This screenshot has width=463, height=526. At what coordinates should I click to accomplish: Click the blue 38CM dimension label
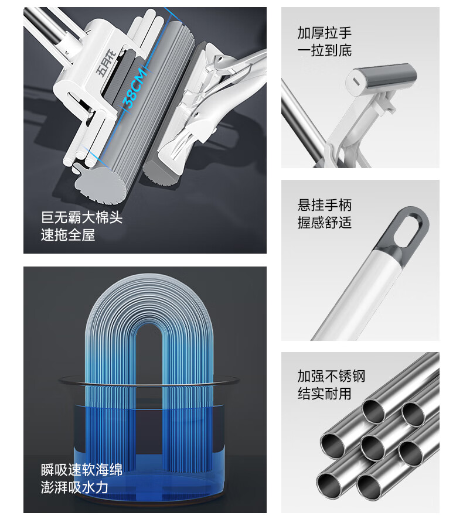[x=135, y=88]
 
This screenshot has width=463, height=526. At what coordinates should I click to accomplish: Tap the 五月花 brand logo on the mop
[x=107, y=63]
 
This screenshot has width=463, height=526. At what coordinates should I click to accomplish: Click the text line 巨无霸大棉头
[x=81, y=217]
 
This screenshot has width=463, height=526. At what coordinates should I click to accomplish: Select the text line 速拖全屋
[x=68, y=235]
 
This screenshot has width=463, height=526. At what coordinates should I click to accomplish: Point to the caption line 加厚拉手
[x=324, y=33]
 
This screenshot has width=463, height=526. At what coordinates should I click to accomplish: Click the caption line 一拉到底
[x=324, y=50]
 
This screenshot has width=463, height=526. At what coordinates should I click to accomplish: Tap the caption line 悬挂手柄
[x=324, y=205]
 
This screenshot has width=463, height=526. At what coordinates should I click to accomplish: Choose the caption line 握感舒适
[x=324, y=223]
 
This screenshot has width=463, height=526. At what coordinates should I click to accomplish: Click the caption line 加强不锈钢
[x=331, y=376]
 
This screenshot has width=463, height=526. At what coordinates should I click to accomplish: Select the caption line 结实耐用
[x=324, y=394]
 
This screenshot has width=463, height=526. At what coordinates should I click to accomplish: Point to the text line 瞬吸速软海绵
[x=81, y=470]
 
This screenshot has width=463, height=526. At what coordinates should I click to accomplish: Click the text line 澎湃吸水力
[x=74, y=487]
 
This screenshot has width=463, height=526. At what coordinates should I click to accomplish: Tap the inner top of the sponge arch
[x=150, y=325]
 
